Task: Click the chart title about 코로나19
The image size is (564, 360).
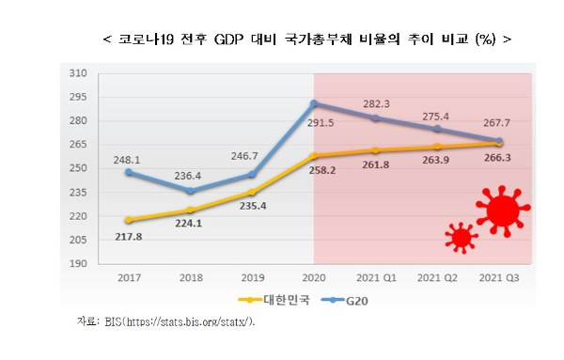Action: (306, 39)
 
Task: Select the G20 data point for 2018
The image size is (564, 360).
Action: (190, 191)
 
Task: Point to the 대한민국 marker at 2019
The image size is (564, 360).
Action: (251, 192)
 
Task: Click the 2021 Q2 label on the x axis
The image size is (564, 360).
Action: (438, 279)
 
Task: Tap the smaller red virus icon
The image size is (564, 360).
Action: (461, 238)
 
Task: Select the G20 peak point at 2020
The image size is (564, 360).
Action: (314, 103)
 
